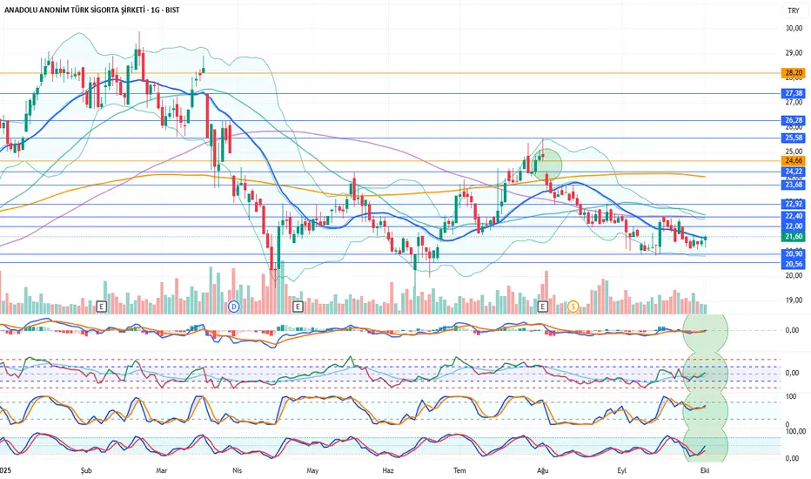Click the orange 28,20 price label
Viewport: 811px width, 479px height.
tap(792, 73)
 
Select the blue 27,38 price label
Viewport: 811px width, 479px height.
tap(792, 93)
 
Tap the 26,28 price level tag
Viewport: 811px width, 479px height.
tap(792, 120)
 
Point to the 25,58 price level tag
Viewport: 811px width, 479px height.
tap(792, 138)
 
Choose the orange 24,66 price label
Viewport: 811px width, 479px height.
tap(792, 160)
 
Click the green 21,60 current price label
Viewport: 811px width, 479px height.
tap(792, 236)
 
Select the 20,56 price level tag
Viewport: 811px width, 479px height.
tap(792, 264)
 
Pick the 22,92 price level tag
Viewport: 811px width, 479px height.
tap(792, 204)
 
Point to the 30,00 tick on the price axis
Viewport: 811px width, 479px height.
tap(792, 28)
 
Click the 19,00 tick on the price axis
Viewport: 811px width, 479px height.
tap(792, 300)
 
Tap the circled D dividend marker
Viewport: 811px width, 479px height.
tap(233, 306)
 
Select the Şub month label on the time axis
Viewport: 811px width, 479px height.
tap(85, 469)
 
